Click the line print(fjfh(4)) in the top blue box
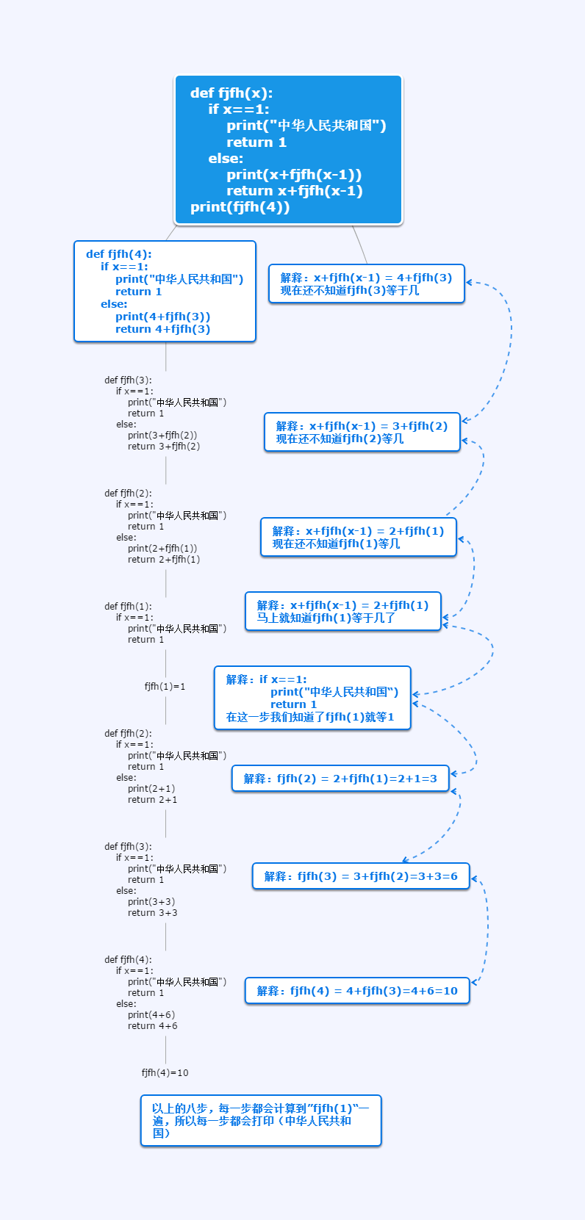pyautogui.click(x=240, y=207)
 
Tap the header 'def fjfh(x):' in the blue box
pyautogui.click(x=231, y=93)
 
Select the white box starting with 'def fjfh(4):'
pyautogui.click(x=165, y=292)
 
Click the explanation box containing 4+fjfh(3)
pyautogui.click(x=366, y=284)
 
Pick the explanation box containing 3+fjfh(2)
pyautogui.click(x=362, y=432)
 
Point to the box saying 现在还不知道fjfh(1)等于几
pyautogui.click(x=358, y=537)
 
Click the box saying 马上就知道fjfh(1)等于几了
pyautogui.click(x=342, y=611)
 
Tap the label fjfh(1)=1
pyautogui.click(x=165, y=686)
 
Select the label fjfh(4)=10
pyautogui.click(x=165, y=1072)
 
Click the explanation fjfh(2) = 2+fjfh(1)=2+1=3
pyautogui.click(x=340, y=779)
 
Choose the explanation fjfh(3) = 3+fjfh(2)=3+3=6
pyautogui.click(x=360, y=876)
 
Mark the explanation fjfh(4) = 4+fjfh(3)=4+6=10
pyautogui.click(x=356, y=991)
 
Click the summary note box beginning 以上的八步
pyautogui.click(x=261, y=1120)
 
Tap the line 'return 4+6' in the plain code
pyautogui.click(x=152, y=1026)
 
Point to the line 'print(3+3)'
pyautogui.click(x=151, y=902)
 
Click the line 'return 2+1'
pyautogui.click(x=152, y=800)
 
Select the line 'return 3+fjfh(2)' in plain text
pyautogui.click(x=163, y=447)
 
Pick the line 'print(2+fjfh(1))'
pyautogui.click(x=162, y=549)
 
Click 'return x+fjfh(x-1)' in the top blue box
pyautogui.click(x=294, y=191)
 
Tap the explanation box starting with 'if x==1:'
pyautogui.click(x=312, y=698)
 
